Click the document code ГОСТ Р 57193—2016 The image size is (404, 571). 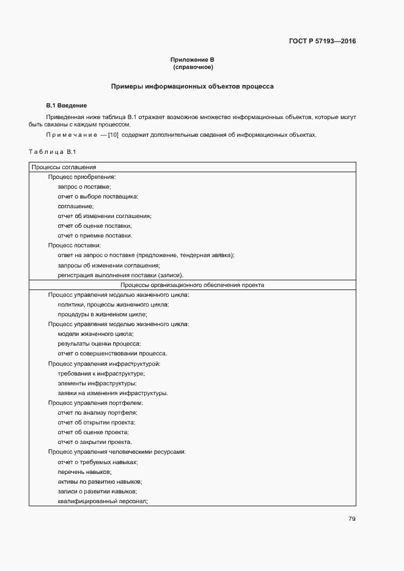(x=322, y=42)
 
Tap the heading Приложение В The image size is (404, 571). (x=193, y=59)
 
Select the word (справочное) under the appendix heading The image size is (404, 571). (x=193, y=67)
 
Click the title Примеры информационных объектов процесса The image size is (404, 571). (x=192, y=87)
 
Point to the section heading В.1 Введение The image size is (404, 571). (x=67, y=105)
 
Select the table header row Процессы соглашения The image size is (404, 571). (x=64, y=167)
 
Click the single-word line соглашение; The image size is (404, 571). (x=76, y=206)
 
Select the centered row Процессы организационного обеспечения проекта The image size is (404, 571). (x=192, y=285)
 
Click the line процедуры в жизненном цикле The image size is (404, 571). (x=103, y=314)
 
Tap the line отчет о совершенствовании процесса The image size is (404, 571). (x=112, y=353)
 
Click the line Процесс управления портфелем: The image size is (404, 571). (x=95, y=402)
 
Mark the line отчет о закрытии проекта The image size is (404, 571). (x=95, y=442)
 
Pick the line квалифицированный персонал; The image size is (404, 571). (x=103, y=501)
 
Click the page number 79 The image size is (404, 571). (x=351, y=519)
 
